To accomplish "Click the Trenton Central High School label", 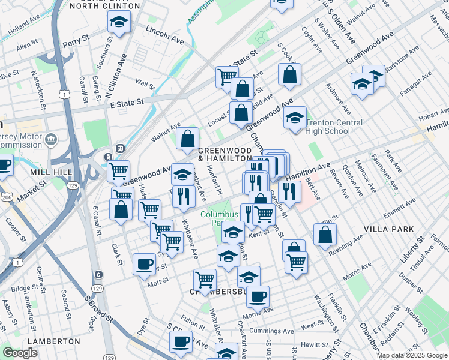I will (x=334, y=127).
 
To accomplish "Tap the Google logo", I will (x=20, y=353).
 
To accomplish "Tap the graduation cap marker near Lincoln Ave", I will (x=119, y=23).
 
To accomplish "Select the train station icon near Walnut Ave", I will (x=120, y=148).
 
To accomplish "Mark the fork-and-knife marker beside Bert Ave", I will (x=289, y=191).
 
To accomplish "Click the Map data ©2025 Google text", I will (x=412, y=355).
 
